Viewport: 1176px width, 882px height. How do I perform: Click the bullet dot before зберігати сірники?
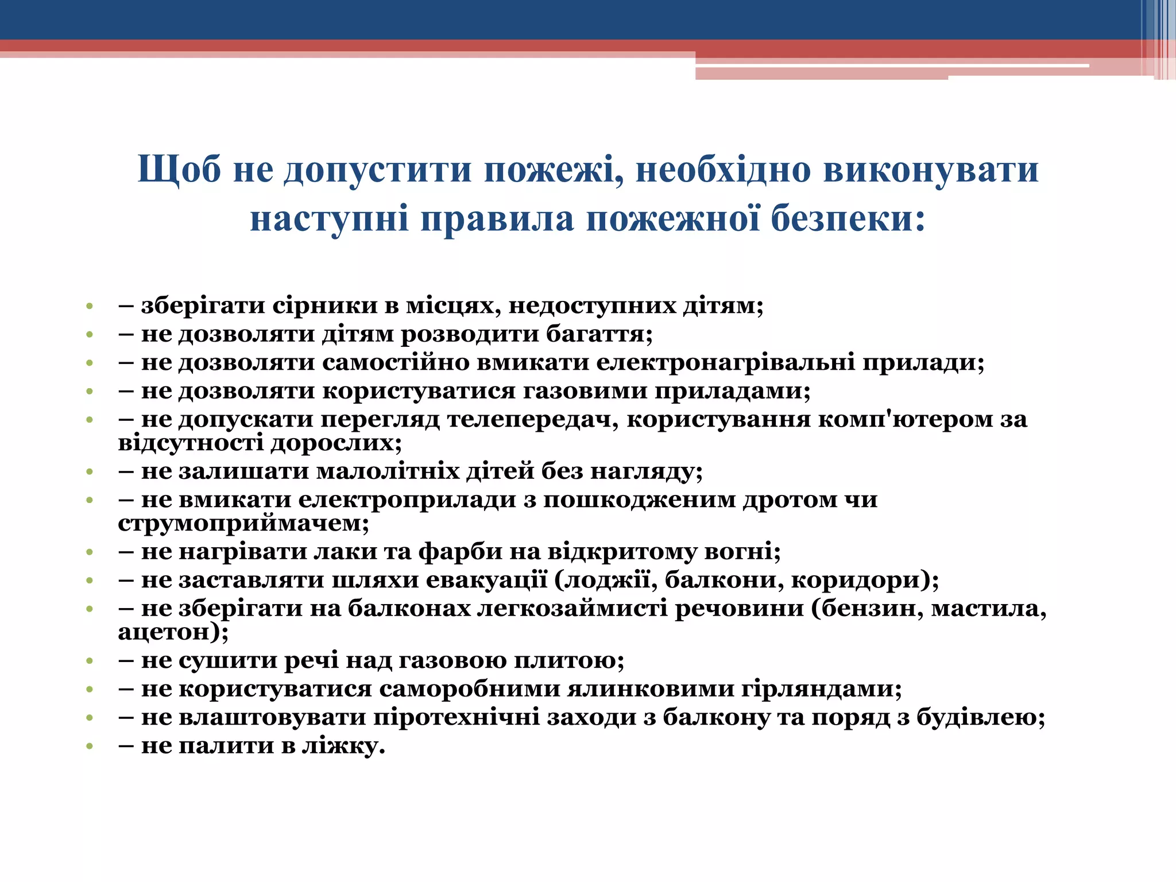pyautogui.click(x=89, y=306)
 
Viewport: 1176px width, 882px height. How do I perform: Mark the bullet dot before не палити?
pyautogui.click(x=89, y=746)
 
